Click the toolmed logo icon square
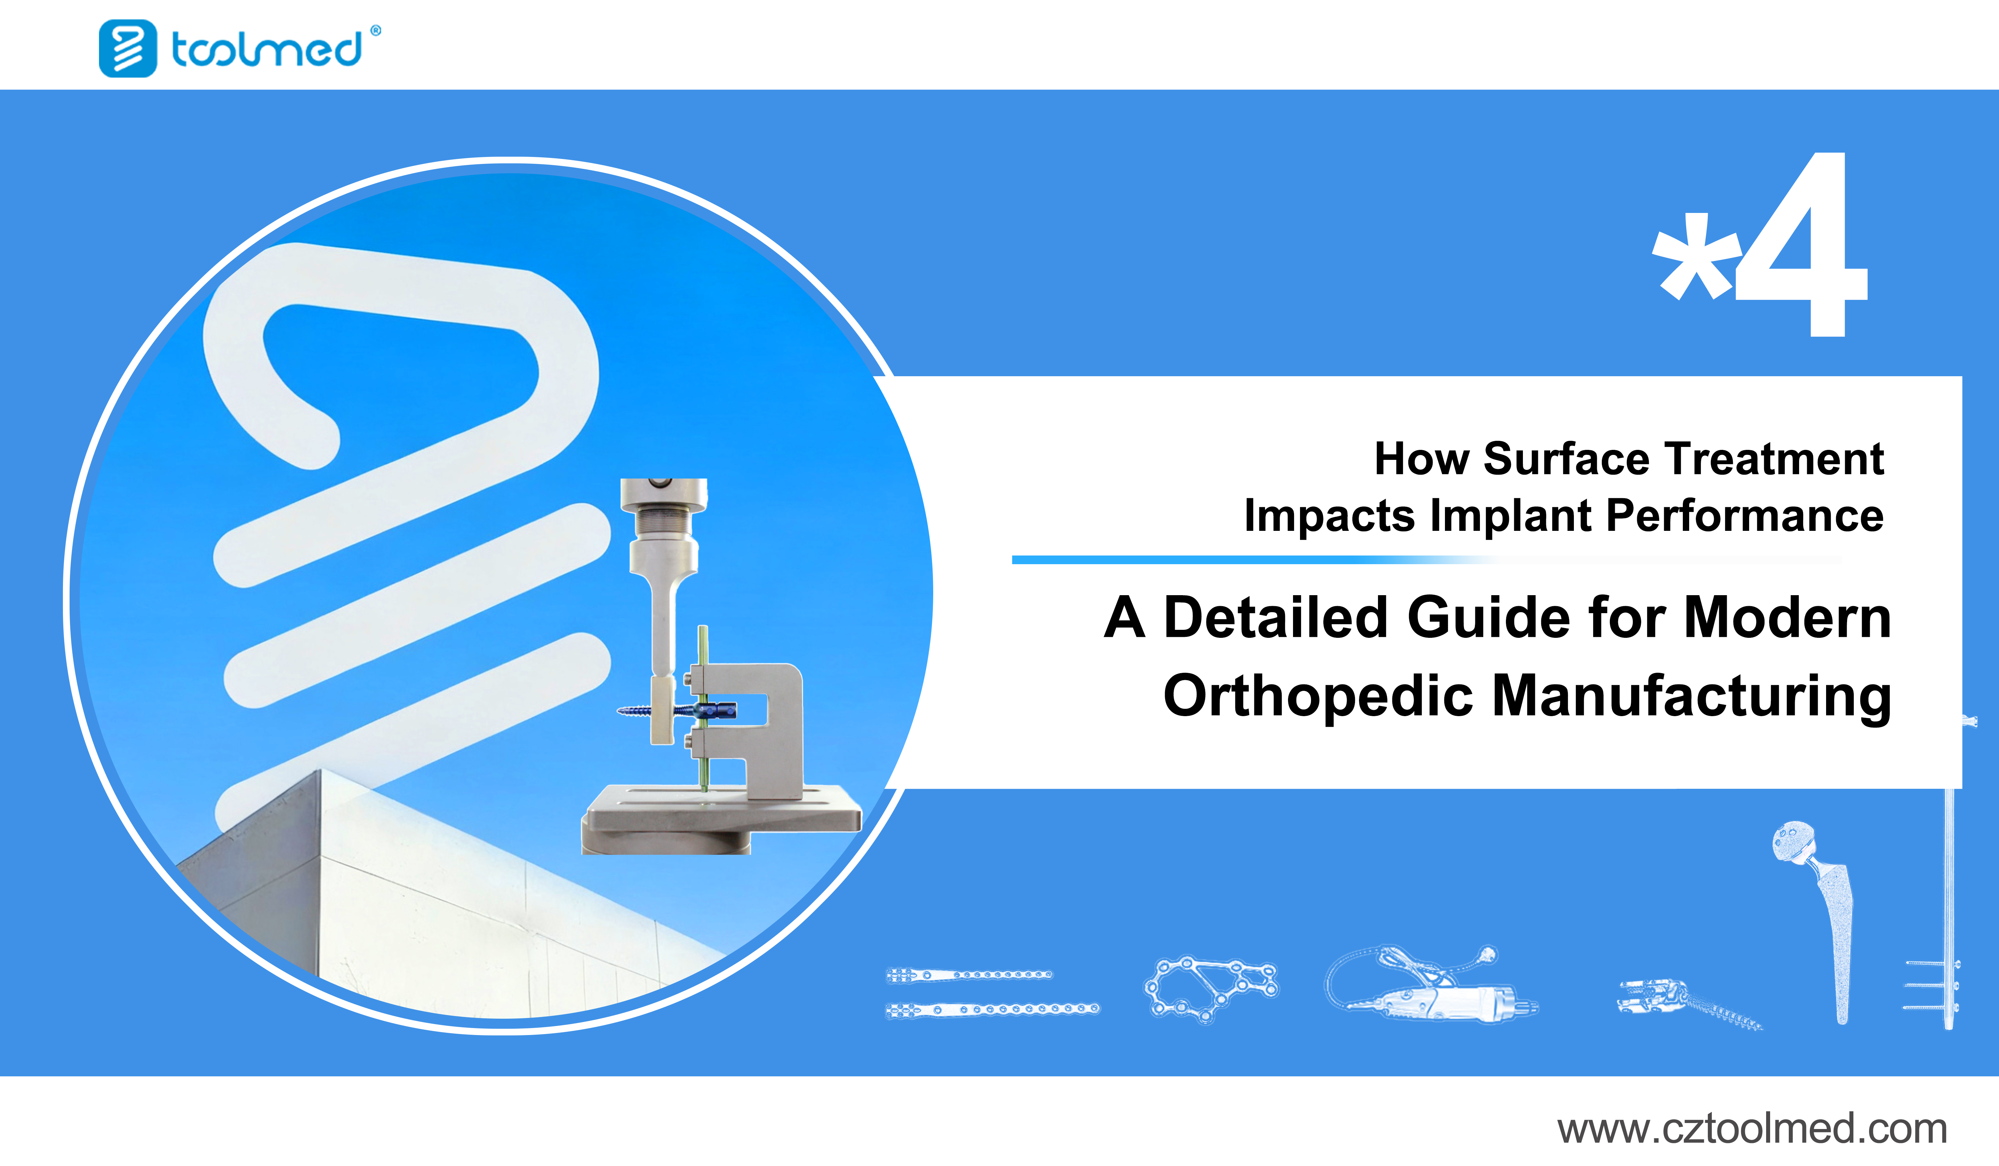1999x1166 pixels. pyautogui.click(x=128, y=48)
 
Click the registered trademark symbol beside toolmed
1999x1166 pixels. pyautogui.click(x=376, y=31)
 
